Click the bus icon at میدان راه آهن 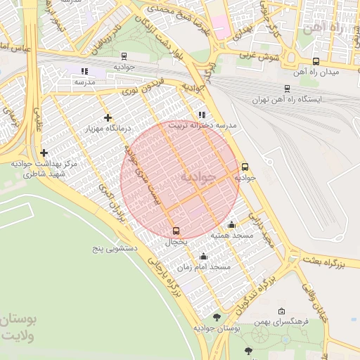pyautogui.click(x=316, y=61)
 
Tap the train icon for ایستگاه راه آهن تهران pyautogui.click(x=287, y=88)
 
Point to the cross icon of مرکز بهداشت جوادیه pyautogui.click(x=44, y=153)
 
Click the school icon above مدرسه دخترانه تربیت pyautogui.click(x=202, y=115)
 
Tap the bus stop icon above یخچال pyautogui.click(x=176, y=230)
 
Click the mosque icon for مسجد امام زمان pyautogui.click(x=204, y=257)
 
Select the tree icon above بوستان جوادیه pyautogui.click(x=216, y=318)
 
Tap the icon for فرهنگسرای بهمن pyautogui.click(x=282, y=311)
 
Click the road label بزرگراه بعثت pyautogui.click(x=331, y=263)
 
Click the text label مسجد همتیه pyautogui.click(x=231, y=236)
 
